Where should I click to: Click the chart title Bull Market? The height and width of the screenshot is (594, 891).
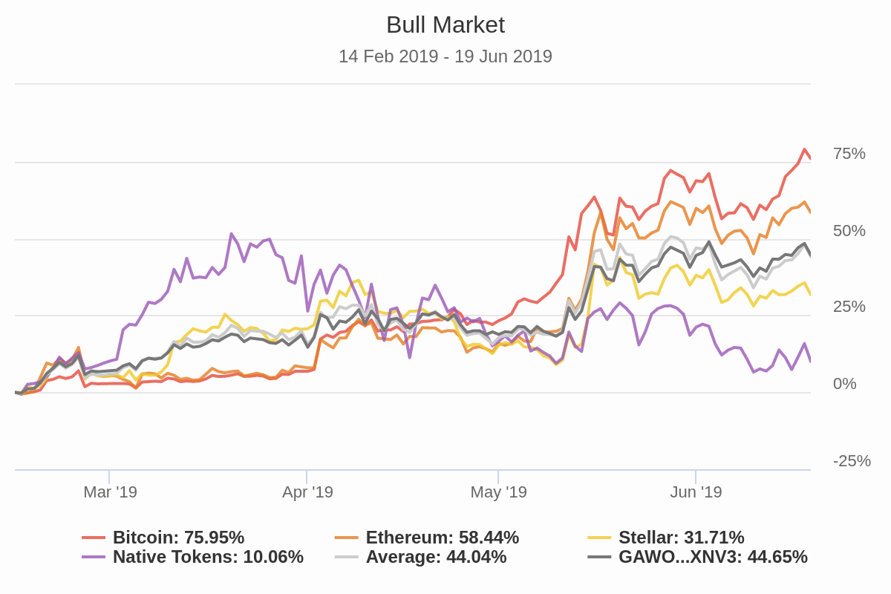[446, 25]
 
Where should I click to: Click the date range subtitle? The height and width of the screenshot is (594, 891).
[446, 56]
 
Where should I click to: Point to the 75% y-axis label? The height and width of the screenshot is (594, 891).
[849, 154]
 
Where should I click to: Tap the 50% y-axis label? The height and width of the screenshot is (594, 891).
[849, 231]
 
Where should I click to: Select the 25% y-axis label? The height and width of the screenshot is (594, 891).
[849, 307]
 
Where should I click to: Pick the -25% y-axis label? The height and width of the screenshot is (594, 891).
[852, 461]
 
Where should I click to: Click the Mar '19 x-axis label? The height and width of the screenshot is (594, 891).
[110, 492]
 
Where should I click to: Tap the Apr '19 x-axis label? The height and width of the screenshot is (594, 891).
[307, 492]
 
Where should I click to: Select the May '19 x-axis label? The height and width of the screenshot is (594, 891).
[498, 492]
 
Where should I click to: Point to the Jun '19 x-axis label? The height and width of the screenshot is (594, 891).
[696, 492]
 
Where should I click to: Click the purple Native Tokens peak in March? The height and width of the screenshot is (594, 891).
[232, 234]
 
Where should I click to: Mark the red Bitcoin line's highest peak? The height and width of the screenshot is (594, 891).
[805, 150]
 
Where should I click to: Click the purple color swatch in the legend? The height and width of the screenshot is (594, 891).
[94, 557]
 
